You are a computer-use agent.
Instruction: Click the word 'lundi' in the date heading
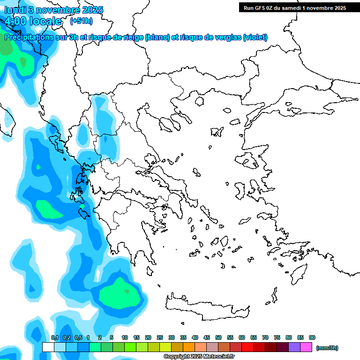15,10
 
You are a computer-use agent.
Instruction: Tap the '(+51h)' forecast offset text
81,21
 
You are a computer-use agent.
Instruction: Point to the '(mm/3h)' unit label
327,348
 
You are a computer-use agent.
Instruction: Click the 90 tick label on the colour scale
312,337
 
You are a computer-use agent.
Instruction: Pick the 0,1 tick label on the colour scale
54,337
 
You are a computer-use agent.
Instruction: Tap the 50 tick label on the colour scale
218,337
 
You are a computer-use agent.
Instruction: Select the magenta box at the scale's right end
306,347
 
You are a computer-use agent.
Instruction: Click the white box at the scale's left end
48,347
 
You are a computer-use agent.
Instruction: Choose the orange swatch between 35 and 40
189,347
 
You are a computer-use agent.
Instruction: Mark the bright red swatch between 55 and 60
236,347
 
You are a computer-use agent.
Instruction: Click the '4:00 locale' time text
33,21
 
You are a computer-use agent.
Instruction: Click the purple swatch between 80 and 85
294,347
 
